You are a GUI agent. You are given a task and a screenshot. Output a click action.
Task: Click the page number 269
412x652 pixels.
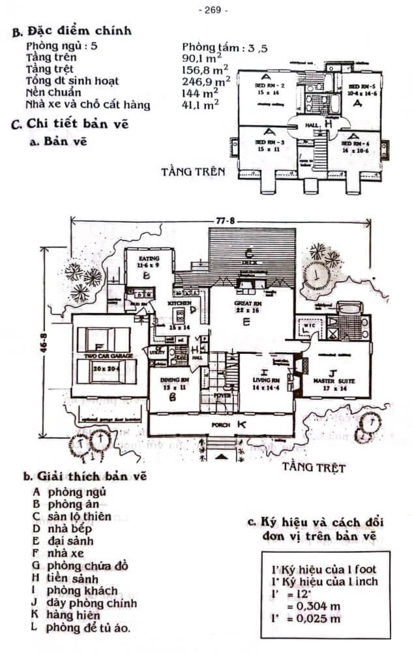tap(212, 10)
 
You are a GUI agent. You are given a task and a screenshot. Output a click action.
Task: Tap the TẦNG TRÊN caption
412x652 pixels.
tap(193, 172)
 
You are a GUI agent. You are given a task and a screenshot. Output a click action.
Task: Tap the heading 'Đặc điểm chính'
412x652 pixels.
tap(78, 31)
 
